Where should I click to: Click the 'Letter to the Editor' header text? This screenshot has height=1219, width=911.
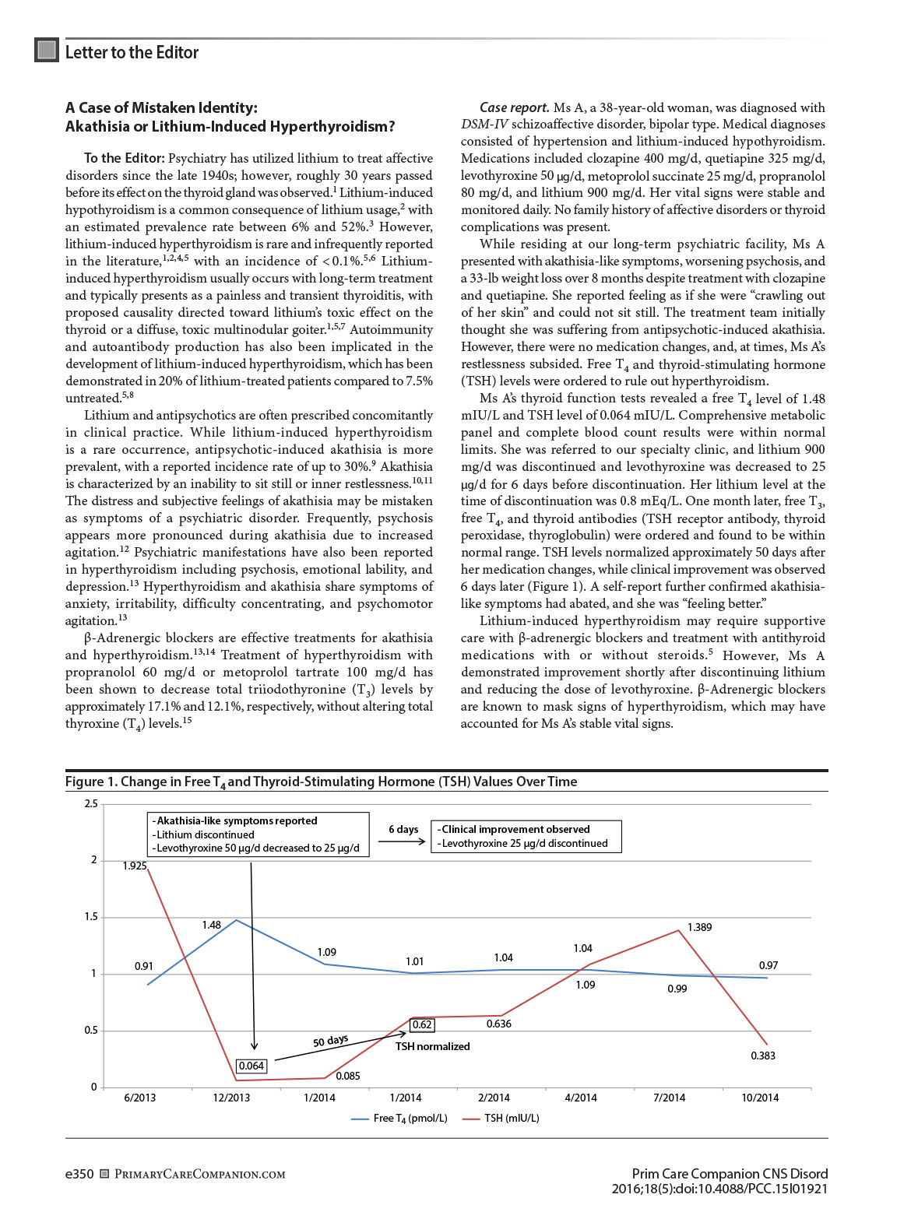coord(132,52)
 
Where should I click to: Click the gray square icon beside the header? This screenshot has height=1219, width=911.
coord(47,50)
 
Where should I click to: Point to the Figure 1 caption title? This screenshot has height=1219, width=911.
coord(321,782)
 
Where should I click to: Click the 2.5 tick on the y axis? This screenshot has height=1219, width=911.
coord(91,803)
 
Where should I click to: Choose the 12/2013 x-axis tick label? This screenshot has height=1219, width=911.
coord(231,1098)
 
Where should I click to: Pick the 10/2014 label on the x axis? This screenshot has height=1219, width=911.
coord(760,1098)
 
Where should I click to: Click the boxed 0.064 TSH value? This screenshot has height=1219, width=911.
coord(251,1066)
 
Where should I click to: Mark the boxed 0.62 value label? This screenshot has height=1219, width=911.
coord(422,1024)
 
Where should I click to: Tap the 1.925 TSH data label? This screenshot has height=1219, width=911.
coord(134,866)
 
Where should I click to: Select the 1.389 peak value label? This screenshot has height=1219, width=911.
coord(699,927)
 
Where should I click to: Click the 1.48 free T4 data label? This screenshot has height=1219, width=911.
coord(211,925)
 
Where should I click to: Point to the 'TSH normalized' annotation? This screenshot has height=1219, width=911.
coord(432,1046)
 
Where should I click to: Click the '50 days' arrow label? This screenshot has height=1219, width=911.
coord(330,1042)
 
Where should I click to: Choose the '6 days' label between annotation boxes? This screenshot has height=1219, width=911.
coord(403,829)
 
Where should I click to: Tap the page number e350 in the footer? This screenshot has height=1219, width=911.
coord(79,1174)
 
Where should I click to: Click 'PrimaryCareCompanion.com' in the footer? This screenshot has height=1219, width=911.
coord(199,1174)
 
